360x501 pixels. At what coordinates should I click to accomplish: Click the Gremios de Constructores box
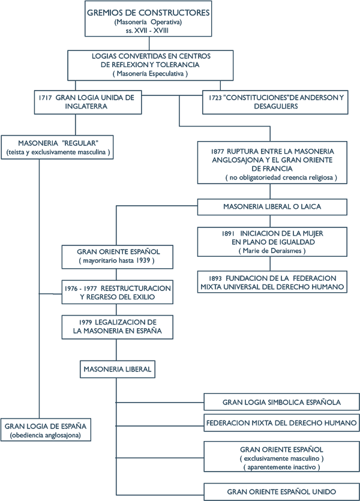pyautogui.click(x=148, y=19)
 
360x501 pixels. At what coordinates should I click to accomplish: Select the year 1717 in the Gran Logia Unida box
pyautogui.click(x=45, y=98)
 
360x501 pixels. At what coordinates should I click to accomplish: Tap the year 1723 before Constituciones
pyautogui.click(x=215, y=98)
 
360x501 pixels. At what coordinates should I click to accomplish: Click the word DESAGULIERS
pyautogui.click(x=276, y=106)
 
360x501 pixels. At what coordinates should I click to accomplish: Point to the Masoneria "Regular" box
pyautogui.click(x=58, y=147)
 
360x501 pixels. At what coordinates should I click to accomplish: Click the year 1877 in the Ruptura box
pyautogui.click(x=217, y=151)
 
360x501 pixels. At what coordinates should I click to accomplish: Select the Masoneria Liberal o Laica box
pyautogui.click(x=272, y=207)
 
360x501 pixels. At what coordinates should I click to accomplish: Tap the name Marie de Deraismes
pyautogui.click(x=272, y=251)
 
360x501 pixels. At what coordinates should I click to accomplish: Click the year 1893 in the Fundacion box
pyautogui.click(x=215, y=278)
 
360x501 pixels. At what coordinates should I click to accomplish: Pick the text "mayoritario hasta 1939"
pyautogui.click(x=116, y=261)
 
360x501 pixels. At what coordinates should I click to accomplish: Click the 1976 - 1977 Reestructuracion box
pyautogui.click(x=118, y=292)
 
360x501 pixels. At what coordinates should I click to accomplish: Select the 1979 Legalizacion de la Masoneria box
pyautogui.click(x=118, y=327)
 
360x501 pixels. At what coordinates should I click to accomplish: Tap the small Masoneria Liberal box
pyautogui.click(x=118, y=370)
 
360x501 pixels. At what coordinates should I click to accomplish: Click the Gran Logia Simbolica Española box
pyautogui.click(x=282, y=402)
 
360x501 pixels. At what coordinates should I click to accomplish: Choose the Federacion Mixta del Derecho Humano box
pyautogui.click(x=282, y=423)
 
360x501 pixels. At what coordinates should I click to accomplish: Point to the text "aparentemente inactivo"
pyautogui.click(x=281, y=467)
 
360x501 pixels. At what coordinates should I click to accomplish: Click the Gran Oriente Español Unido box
pyautogui.click(x=282, y=492)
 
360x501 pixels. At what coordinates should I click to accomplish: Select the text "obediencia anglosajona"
pyautogui.click(x=46, y=435)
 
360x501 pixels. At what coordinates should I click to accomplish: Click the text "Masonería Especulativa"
pyautogui.click(x=151, y=73)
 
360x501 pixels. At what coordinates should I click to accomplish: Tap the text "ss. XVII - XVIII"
pyautogui.click(x=147, y=31)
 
